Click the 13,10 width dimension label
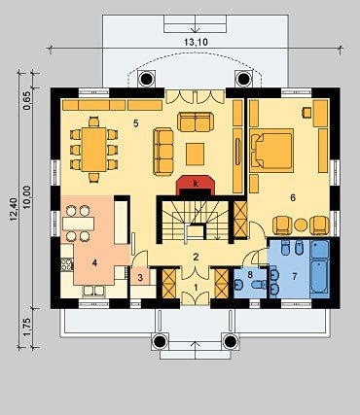196,42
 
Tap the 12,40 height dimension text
14,210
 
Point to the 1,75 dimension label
27,328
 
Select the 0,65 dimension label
27,101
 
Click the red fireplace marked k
195,186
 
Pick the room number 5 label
136,123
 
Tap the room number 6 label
293,197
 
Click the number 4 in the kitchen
94,263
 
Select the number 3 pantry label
140,278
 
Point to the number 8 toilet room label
250,275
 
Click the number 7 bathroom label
294,276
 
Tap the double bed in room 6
271,151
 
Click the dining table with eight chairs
94,150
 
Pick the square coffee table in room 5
196,155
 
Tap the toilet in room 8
259,285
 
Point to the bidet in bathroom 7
299,249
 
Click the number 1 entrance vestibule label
196,287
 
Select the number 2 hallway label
196,258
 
